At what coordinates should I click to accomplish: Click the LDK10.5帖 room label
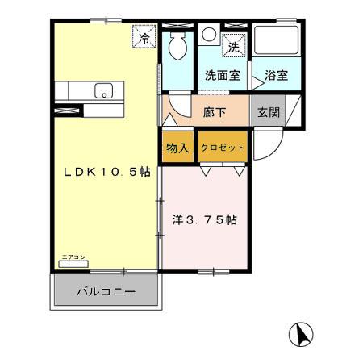[106, 173]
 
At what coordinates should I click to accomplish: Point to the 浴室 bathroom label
[277, 76]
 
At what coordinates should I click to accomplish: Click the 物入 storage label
[178, 148]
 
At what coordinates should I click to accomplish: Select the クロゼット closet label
[222, 148]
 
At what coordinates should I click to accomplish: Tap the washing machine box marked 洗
[233, 48]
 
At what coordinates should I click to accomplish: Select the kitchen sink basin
[104, 91]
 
